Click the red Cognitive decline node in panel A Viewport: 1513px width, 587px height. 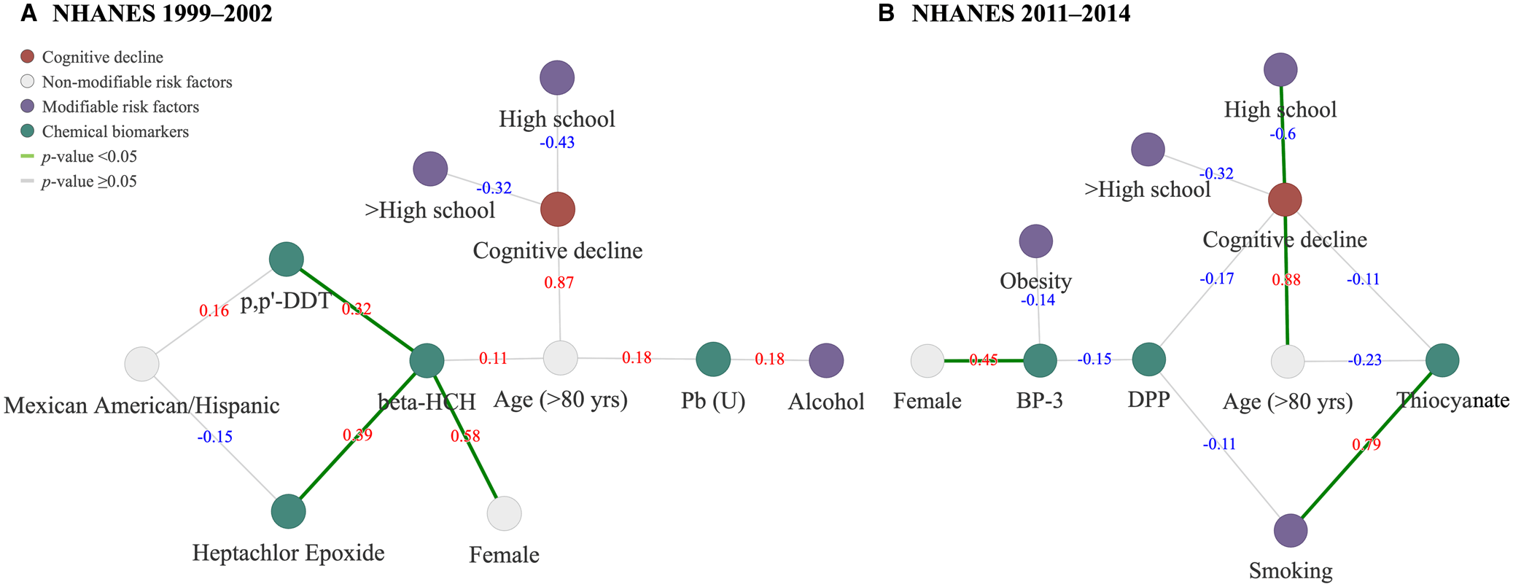(558, 210)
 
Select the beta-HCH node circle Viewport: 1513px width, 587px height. (427, 360)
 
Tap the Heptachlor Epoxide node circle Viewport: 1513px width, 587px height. (289, 511)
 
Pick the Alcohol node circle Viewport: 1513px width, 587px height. (826, 359)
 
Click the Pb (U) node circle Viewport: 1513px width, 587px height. (713, 359)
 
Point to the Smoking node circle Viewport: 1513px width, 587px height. (1291, 530)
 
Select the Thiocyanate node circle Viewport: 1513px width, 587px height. (1442, 359)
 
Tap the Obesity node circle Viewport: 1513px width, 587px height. (1035, 241)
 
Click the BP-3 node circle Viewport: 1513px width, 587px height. (1040, 360)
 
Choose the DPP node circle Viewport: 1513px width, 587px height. (1149, 359)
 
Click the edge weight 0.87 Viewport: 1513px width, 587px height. (559, 282)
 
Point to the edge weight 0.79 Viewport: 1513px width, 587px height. (1366, 444)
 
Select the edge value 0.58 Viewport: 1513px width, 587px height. (465, 436)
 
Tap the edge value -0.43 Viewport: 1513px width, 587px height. (557, 142)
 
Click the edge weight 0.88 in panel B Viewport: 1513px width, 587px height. (1286, 279)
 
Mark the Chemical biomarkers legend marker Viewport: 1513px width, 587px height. (28, 131)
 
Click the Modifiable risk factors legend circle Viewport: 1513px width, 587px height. (28, 106)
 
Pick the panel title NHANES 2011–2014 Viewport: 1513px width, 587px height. (1021, 13)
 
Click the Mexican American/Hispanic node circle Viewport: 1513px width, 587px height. (142, 364)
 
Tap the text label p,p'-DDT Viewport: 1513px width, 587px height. (286, 301)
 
